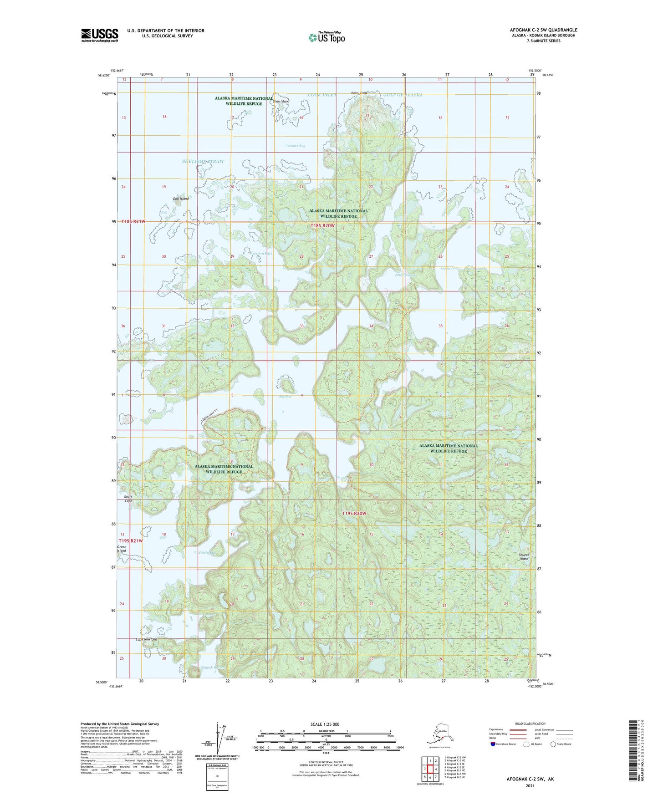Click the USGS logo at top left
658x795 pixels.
click(99, 35)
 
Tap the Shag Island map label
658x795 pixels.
click(281, 102)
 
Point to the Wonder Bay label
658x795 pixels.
click(295, 146)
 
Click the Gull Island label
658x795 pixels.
click(181, 199)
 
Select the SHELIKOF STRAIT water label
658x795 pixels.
click(203, 162)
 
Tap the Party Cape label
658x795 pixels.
click(359, 93)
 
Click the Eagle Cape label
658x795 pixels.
click(128, 499)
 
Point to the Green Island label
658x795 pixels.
click(122, 549)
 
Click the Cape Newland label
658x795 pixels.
click(146, 639)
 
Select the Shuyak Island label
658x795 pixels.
click(524, 556)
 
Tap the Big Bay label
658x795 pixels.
click(285, 397)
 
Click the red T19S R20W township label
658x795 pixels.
click(354, 514)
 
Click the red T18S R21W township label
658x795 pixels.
click(133, 221)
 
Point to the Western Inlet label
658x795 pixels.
click(262, 254)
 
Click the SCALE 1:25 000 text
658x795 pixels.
click(325, 724)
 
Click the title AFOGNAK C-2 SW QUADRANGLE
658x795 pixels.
click(543, 30)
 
